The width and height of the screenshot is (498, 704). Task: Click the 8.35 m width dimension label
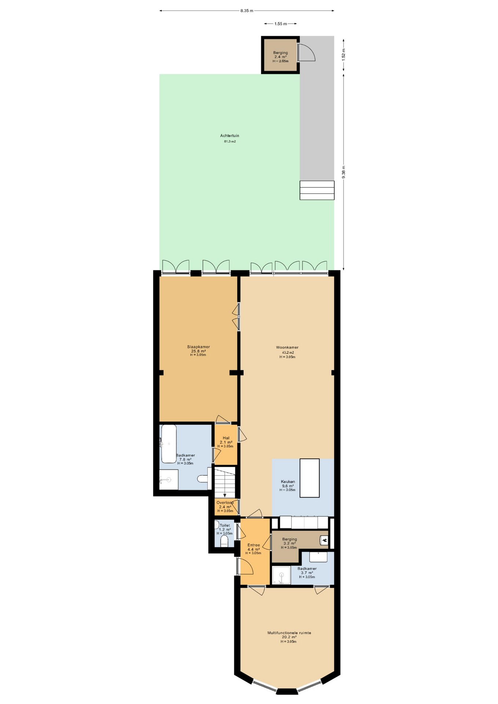(x=247, y=11)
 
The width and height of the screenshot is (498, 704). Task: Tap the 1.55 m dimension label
(x=281, y=24)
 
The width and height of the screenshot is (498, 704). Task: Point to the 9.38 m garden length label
(x=344, y=172)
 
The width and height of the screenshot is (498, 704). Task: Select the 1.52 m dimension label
(x=344, y=54)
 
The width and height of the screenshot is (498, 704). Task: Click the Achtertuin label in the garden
(x=230, y=136)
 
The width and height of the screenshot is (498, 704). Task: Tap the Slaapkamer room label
(x=198, y=347)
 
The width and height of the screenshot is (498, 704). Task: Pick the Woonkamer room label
(x=287, y=347)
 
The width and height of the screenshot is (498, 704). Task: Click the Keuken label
(x=288, y=482)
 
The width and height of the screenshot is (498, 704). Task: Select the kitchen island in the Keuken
(x=310, y=478)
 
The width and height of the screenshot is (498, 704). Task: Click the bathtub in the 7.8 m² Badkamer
(x=169, y=444)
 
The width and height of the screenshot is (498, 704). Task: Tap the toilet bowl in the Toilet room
(x=224, y=542)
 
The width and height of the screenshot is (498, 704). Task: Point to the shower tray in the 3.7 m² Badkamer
(x=281, y=575)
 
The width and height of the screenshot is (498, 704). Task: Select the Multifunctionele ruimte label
(x=289, y=633)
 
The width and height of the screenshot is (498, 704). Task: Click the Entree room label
(x=253, y=545)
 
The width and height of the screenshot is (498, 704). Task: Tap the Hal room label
(x=226, y=438)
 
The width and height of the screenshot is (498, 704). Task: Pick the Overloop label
(x=225, y=503)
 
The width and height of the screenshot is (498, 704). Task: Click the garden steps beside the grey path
(x=317, y=190)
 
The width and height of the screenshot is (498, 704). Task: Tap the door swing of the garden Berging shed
(x=307, y=52)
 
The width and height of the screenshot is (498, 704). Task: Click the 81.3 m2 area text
(x=230, y=142)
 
